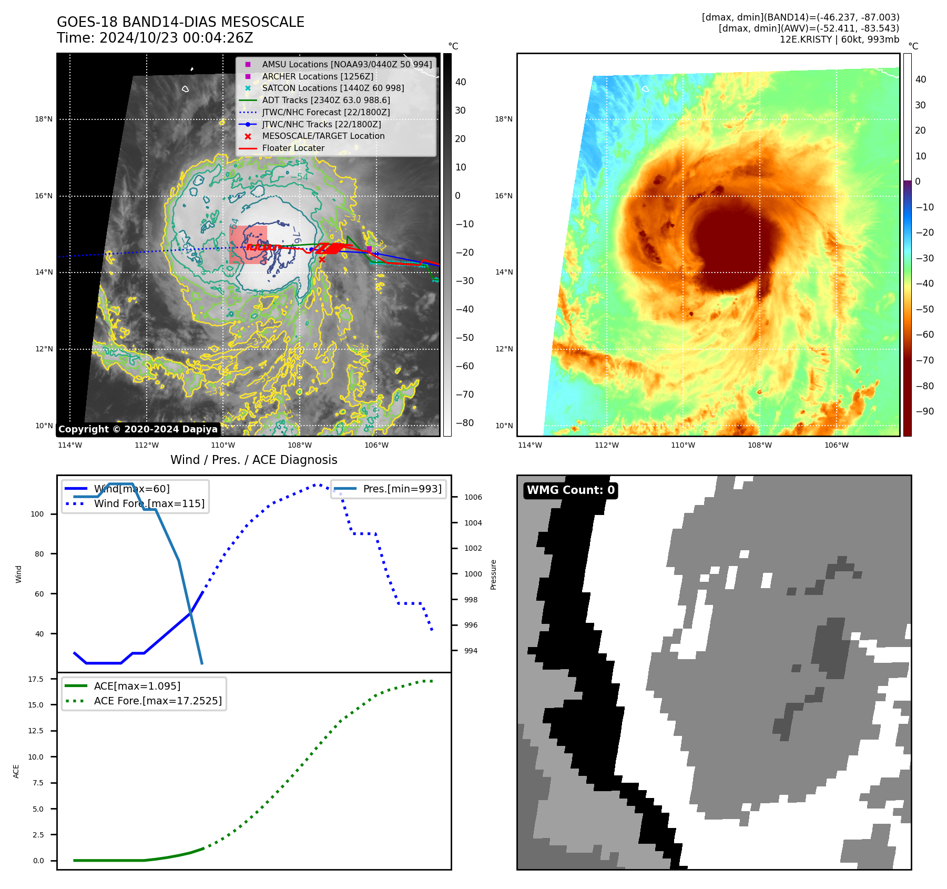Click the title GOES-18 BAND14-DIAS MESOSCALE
(180, 22)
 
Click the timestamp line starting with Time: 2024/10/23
(155, 38)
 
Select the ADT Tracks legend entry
(325, 100)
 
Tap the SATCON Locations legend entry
(333, 88)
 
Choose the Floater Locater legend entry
(293, 148)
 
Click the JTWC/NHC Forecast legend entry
(325, 112)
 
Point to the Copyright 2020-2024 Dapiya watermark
(138, 429)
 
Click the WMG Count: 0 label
(571, 490)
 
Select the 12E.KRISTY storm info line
(839, 39)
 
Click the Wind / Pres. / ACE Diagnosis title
(253, 460)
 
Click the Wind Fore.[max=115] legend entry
(149, 503)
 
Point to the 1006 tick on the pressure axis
(473, 497)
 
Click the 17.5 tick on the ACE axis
(36, 679)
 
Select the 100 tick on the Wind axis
(37, 514)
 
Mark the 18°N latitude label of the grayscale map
(44, 119)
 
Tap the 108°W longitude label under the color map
(760, 445)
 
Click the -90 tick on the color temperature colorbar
(924, 411)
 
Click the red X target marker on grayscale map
(322, 259)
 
